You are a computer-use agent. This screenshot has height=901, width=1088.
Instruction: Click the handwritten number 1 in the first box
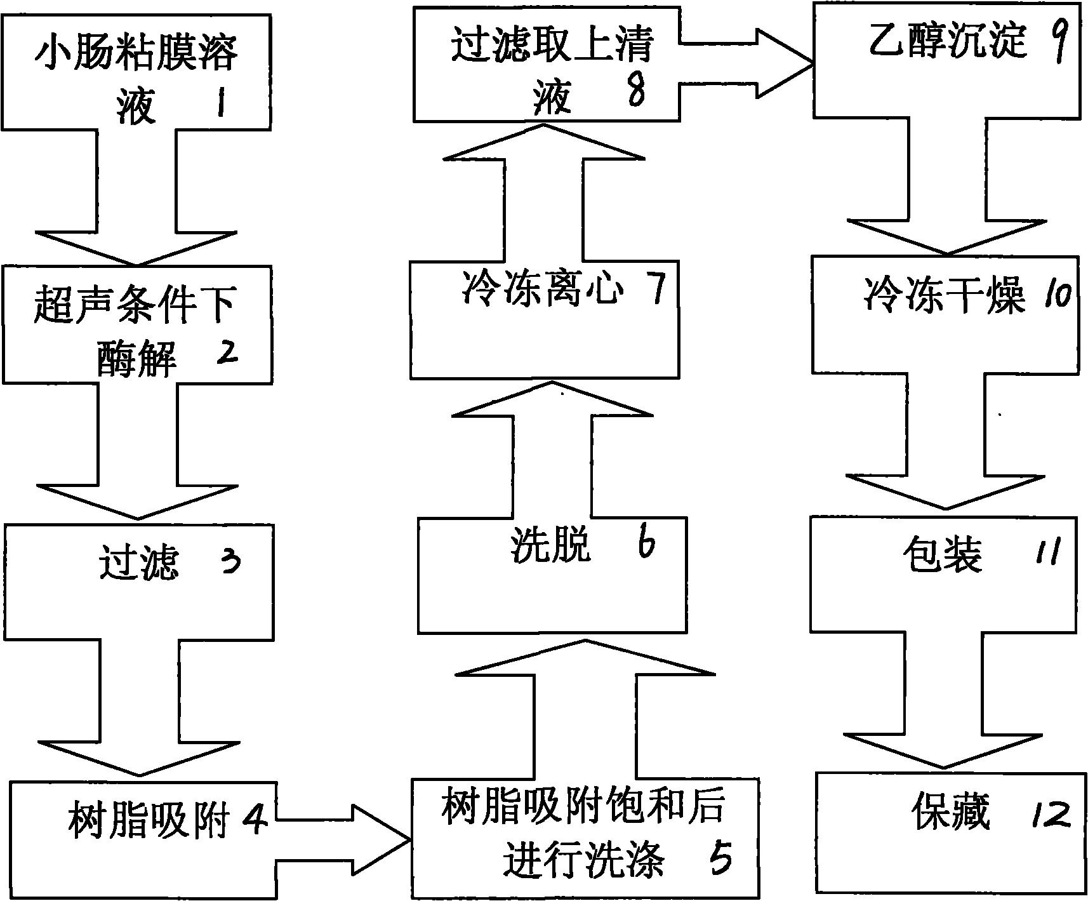220,103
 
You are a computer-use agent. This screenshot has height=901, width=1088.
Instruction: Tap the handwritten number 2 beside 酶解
225,351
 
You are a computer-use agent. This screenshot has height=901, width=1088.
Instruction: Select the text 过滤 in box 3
139,563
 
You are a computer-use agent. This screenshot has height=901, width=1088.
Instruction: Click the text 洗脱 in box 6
551,545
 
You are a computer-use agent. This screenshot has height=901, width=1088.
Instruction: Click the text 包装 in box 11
943,554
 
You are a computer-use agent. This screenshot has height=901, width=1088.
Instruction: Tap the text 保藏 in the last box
951,813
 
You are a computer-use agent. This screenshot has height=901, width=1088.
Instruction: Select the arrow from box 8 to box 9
749,63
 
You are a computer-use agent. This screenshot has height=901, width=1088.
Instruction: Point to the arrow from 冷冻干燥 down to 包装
946,444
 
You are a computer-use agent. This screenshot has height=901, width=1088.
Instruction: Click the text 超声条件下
135,305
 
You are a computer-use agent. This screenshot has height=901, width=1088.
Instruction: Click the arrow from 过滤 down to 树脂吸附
138,705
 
